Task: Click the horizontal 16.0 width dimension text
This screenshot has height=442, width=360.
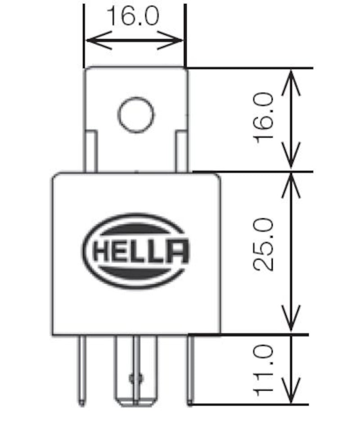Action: click(133, 16)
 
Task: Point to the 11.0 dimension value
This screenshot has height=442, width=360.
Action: click(265, 370)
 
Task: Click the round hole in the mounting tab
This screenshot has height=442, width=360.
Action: click(136, 115)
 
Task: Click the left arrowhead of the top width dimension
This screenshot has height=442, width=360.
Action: click(90, 41)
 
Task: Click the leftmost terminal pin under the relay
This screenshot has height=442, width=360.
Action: click(81, 371)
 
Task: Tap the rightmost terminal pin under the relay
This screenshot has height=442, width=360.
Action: click(190, 371)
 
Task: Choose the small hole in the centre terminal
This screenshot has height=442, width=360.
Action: click(135, 379)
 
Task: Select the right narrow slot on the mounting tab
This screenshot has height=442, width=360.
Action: click(181, 151)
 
